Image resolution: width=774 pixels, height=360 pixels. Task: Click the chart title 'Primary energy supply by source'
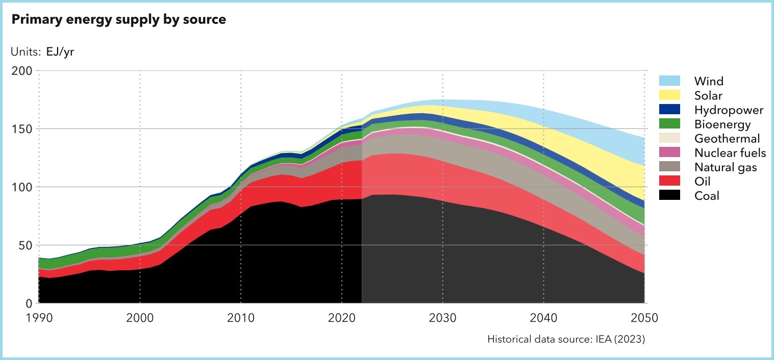tap(118, 20)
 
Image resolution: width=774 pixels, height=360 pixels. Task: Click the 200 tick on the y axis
tap(23, 71)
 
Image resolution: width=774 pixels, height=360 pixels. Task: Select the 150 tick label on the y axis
tap(23, 129)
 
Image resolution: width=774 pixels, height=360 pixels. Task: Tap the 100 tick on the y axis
tap(23, 187)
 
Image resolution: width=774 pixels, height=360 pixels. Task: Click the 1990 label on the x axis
tap(39, 318)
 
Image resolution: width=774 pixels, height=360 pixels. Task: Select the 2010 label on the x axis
tap(240, 318)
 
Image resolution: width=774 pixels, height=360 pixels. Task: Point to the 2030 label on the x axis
tap(442, 318)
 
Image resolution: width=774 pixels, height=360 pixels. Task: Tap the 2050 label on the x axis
tap(644, 318)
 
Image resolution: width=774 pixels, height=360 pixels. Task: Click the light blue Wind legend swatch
tap(669, 81)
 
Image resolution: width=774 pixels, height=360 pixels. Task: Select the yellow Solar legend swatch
tap(669, 95)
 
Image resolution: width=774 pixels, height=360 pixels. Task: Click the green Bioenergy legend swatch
tap(669, 124)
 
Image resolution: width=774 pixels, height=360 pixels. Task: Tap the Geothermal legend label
tap(727, 139)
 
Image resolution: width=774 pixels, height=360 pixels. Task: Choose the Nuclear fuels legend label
tap(730, 152)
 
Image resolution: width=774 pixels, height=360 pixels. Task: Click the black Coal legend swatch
tap(669, 195)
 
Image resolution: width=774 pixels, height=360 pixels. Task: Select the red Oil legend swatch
tap(669, 181)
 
